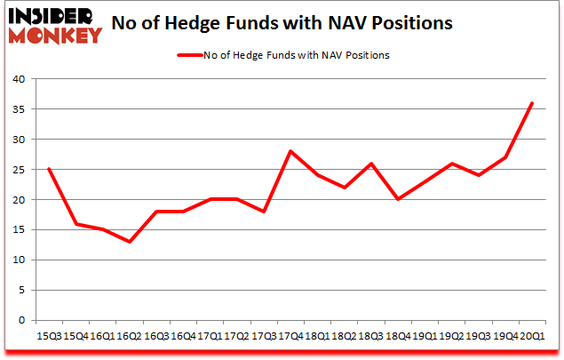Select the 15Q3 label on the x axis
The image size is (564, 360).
(x=48, y=336)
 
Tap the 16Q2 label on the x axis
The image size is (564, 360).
(x=129, y=336)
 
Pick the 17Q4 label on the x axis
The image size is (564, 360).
(x=290, y=336)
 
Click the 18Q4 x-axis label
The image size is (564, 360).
(x=397, y=336)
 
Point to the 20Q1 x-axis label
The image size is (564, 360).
(x=531, y=336)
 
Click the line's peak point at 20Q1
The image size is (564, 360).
(x=531, y=103)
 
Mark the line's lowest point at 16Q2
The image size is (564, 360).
(x=129, y=242)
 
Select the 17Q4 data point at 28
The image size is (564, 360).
(x=290, y=151)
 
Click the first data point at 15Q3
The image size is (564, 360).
(x=48, y=169)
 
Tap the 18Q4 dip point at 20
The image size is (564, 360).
(x=397, y=199)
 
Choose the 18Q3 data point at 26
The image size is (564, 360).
(x=370, y=164)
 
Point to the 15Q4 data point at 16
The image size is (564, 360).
(x=75, y=224)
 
